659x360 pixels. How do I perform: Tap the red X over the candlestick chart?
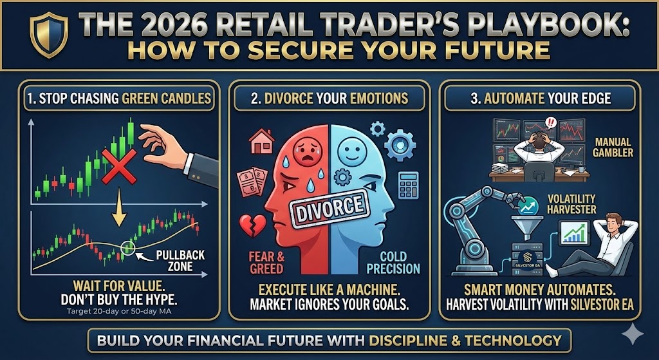(119, 167)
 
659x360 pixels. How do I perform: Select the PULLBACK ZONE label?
(180, 260)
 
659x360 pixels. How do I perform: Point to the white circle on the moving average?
(127, 247)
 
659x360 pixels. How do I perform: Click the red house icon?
(261, 141)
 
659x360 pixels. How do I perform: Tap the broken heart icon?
(252, 225)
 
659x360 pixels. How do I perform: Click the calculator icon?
(409, 185)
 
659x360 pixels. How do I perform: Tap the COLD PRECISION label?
(393, 262)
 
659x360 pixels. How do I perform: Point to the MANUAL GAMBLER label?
(613, 147)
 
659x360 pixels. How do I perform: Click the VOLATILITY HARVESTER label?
(571, 204)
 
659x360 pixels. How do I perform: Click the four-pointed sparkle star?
(632, 334)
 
